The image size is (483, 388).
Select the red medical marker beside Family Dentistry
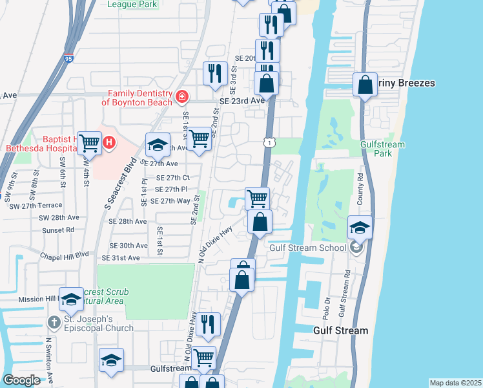click(182, 97)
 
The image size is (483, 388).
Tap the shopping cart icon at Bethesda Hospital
click(90, 143)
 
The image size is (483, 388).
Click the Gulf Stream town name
click(340, 330)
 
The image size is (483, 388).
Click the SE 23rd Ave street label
click(242, 101)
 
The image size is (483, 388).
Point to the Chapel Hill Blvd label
click(63, 255)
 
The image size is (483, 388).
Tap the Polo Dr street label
click(327, 310)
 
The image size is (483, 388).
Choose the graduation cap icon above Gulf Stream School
click(360, 227)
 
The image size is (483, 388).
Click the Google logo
click(21, 380)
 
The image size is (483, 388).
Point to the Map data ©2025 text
click(455, 383)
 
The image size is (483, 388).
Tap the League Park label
click(132, 4)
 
